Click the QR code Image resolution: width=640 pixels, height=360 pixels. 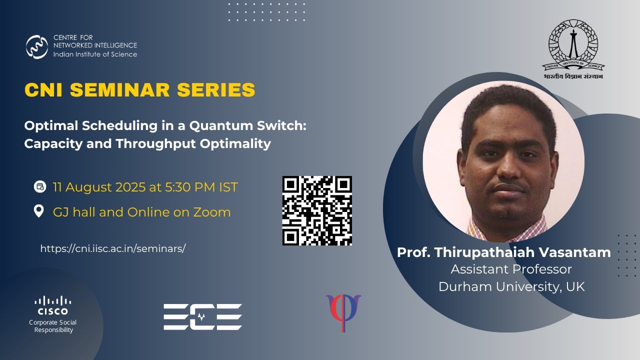click(317, 210)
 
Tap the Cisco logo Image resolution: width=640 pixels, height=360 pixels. click(52, 305)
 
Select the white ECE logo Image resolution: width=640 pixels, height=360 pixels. click(202, 316)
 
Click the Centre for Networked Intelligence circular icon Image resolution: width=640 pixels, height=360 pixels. click(37, 46)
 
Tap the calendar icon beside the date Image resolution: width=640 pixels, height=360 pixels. click(39, 187)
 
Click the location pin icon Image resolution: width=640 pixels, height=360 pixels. click(38, 211)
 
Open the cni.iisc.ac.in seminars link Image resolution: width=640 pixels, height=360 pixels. click(112, 248)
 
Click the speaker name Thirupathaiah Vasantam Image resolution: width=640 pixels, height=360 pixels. click(522, 252)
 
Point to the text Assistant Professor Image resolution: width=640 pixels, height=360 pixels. click(511, 269)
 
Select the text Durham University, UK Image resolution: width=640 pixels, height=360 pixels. click(511, 286)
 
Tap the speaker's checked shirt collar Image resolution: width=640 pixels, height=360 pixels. click(480, 227)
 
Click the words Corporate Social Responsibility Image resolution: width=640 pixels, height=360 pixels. click(53, 326)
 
